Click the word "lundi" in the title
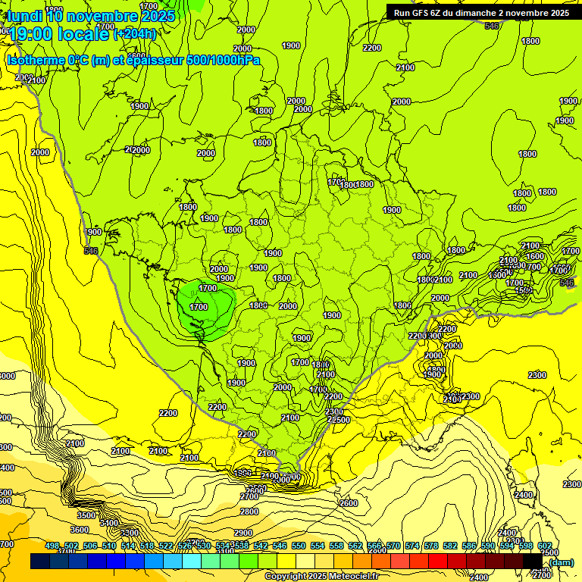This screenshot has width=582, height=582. [25, 16]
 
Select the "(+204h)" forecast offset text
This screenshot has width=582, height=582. [135, 33]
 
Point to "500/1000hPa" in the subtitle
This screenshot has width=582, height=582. [223, 60]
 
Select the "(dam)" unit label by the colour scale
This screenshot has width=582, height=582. [561, 562]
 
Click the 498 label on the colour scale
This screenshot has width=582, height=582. [52, 546]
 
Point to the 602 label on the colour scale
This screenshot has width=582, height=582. [545, 546]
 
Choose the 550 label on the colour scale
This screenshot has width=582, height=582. [299, 546]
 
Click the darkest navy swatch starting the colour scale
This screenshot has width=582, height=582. [39, 562]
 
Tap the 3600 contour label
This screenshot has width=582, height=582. [80, 530]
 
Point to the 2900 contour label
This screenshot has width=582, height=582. [243, 533]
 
